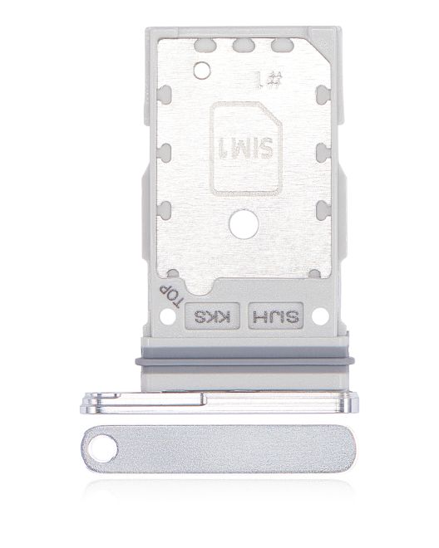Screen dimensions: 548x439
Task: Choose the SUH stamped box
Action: [275, 316]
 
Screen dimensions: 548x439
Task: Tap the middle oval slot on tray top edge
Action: [246, 48]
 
